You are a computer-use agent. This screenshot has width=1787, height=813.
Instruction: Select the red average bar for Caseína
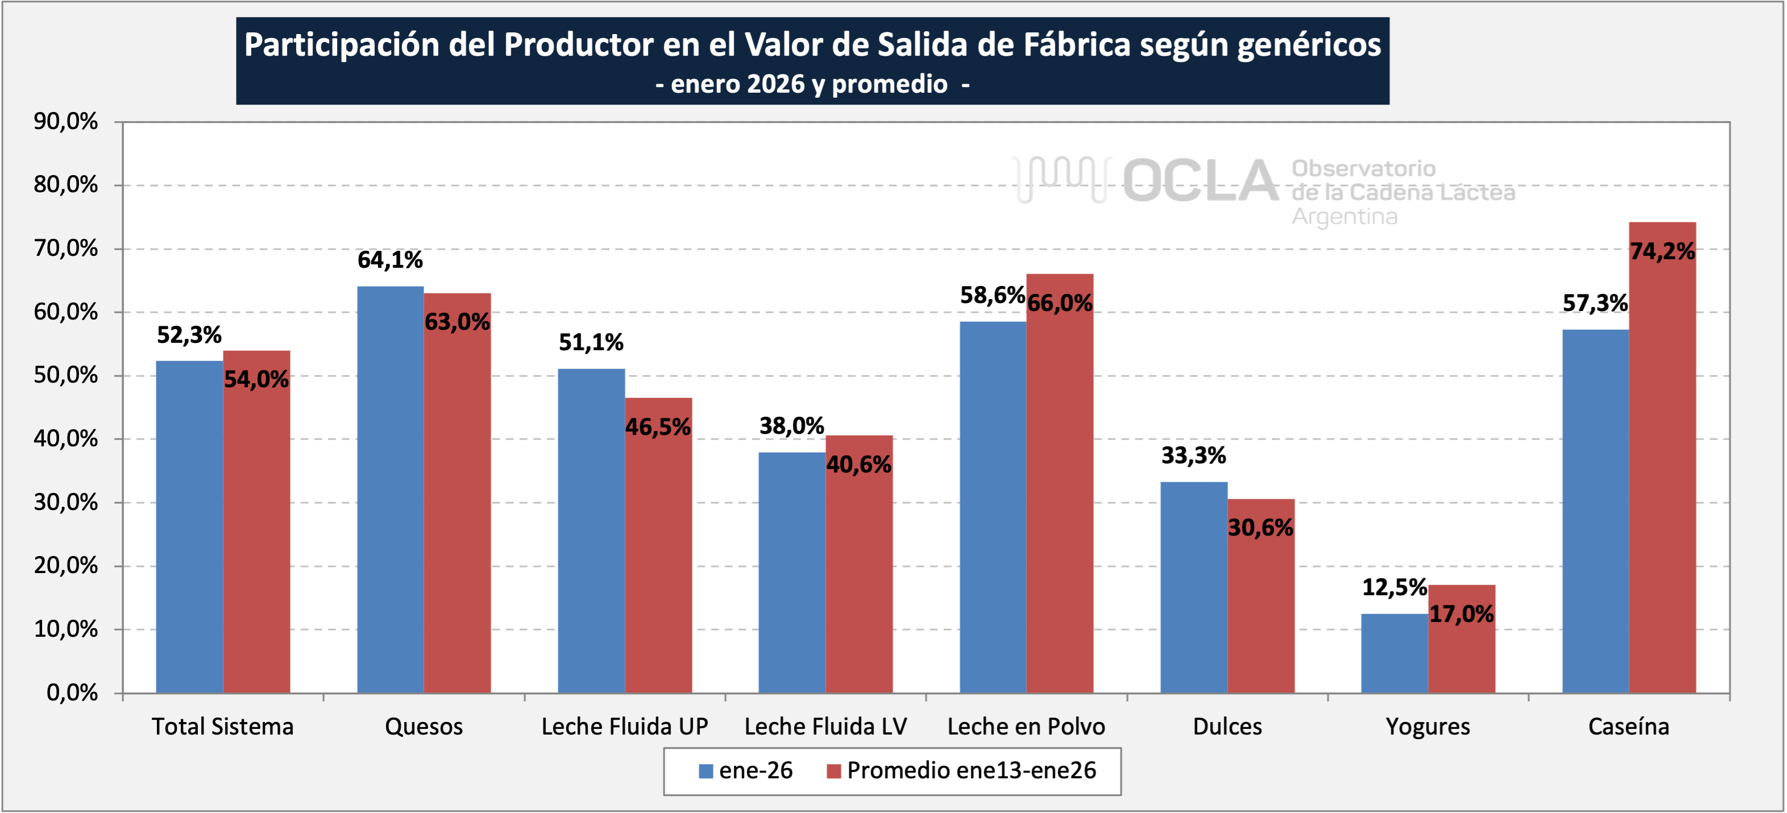1662,458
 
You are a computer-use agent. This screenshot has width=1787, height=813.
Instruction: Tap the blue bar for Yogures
1394,653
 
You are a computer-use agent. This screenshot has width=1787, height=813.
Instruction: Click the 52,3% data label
189,335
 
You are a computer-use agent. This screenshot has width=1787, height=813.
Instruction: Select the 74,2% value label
1662,251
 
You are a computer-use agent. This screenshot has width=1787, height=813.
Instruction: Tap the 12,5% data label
1394,587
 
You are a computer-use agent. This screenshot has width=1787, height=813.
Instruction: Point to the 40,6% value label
859,464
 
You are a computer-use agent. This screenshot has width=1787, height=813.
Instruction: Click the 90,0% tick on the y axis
66,122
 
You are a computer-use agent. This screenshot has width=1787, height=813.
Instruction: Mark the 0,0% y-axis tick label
72,692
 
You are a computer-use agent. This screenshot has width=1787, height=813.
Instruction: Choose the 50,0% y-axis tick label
66,375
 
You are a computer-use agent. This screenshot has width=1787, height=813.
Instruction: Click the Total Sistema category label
223,726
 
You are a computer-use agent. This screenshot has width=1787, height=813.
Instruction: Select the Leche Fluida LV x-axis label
825,726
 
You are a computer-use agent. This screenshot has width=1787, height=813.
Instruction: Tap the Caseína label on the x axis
1628,726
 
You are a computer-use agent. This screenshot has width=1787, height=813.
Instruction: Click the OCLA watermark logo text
1200,182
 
